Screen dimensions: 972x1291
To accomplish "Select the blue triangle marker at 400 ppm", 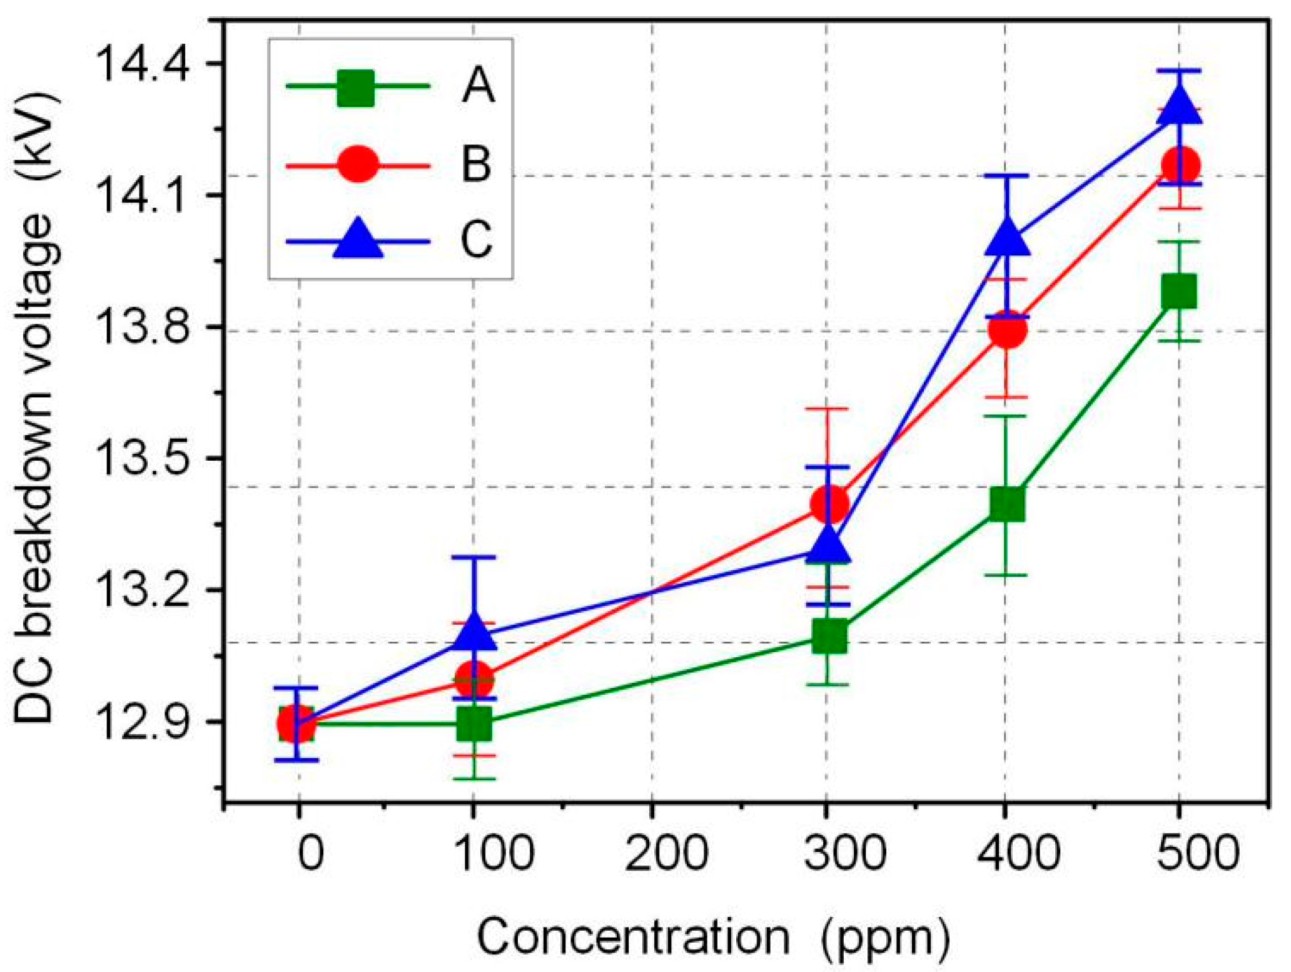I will click(x=1006, y=238).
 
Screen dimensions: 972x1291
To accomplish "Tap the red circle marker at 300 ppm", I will click(x=829, y=503).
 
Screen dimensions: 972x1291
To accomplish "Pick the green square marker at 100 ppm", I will click(x=473, y=725).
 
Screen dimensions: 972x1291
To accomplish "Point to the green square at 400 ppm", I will click(x=1006, y=504).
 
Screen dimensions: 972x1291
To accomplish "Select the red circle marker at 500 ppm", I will click(x=1180, y=165).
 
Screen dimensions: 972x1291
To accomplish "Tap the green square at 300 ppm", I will click(x=829, y=637).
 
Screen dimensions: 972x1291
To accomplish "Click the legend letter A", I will click(x=478, y=86).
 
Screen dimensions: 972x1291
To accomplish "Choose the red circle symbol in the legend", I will click(x=357, y=165).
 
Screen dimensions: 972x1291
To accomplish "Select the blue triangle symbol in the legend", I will click(x=358, y=239).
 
